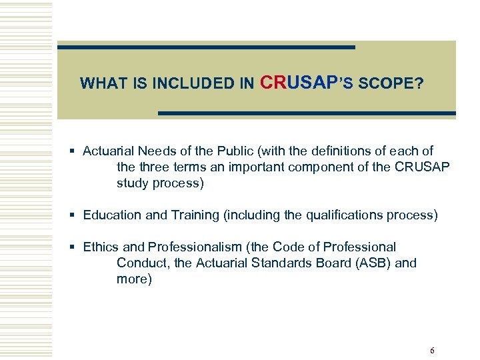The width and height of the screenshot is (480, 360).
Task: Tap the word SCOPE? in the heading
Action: click(x=390, y=84)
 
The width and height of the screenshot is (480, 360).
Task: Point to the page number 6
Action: click(x=432, y=351)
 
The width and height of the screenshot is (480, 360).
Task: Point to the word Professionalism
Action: click(x=188, y=247)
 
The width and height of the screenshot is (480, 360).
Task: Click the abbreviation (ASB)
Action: click(x=373, y=263)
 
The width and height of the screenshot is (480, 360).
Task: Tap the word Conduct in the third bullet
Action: click(x=142, y=263)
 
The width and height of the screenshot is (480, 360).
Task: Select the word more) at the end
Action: click(x=134, y=279)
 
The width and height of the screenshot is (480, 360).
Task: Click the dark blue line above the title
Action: click(x=206, y=47)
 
